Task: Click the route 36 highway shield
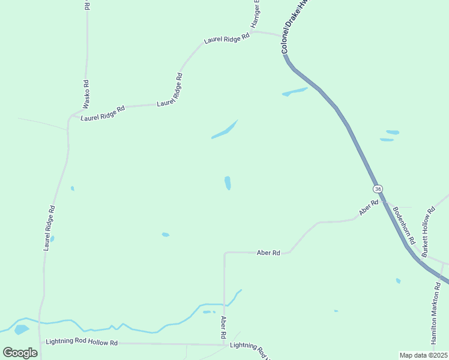[x=378, y=188]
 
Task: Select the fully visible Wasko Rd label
[x=86, y=94]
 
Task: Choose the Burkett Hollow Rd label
[x=427, y=233]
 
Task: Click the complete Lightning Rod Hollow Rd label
[x=82, y=343]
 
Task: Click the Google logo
[x=20, y=353]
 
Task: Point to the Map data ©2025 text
[x=423, y=355]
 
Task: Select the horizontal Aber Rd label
[x=268, y=253]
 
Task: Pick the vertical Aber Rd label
[x=223, y=327]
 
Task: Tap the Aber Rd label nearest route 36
[x=369, y=207]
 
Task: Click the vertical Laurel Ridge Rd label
[x=49, y=228]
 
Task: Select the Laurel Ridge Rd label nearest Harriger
[x=226, y=38]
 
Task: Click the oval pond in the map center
[x=228, y=182]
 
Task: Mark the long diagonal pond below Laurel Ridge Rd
[x=225, y=130]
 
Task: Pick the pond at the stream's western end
[x=22, y=329]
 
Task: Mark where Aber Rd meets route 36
[x=382, y=200]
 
